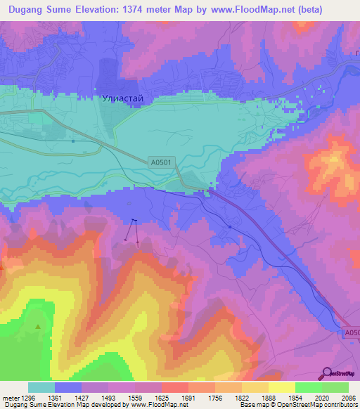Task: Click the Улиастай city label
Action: [122, 99]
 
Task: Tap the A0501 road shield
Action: [161, 162]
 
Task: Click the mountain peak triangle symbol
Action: [38, 327]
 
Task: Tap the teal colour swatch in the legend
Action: [41, 387]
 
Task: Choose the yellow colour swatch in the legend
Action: [282, 387]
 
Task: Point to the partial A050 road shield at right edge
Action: [352, 333]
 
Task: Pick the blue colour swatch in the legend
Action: [67, 387]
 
